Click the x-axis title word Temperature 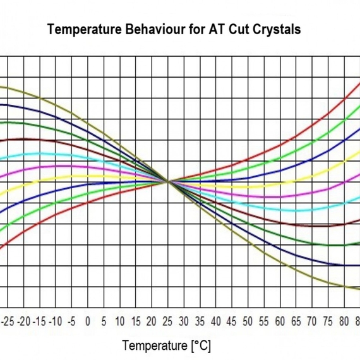[x=153, y=345]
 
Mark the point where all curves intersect [x=168, y=182]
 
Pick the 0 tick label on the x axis [x=88, y=321]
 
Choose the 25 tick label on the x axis [x=168, y=321]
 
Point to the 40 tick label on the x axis [x=216, y=321]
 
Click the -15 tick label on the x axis [x=39, y=321]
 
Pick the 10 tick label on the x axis [x=120, y=321]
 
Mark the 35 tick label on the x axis [x=200, y=321]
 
